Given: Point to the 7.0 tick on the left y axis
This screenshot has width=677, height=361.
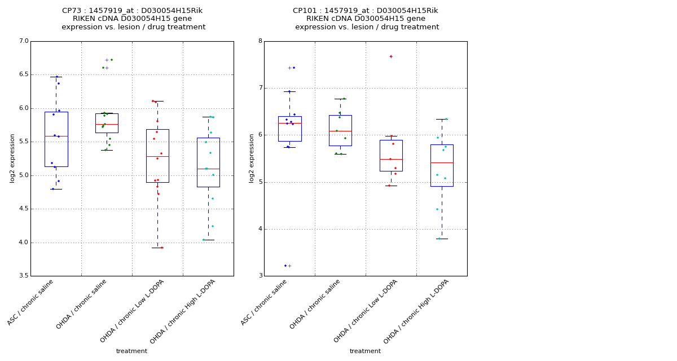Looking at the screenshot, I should (23, 41).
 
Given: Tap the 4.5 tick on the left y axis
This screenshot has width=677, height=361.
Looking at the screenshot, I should (23, 209).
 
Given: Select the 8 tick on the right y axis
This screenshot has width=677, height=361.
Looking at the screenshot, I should (260, 41).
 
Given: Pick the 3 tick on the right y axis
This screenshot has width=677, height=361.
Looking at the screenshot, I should (260, 276).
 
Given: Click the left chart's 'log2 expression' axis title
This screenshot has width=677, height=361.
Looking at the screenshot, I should (12, 158).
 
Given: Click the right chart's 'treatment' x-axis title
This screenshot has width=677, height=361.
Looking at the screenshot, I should (365, 351).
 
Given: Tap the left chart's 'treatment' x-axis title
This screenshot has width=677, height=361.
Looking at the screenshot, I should (131, 351).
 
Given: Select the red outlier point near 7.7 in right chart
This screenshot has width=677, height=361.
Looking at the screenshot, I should (390, 56).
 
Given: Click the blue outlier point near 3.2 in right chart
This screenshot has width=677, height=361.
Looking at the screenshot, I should (285, 266).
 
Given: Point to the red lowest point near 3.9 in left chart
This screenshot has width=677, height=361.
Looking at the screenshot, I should (161, 248).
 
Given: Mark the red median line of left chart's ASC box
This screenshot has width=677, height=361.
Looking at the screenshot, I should (56, 136).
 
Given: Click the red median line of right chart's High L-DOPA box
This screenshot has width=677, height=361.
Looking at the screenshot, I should (442, 162).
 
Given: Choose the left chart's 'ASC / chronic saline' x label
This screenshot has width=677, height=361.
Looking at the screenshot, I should (32, 303).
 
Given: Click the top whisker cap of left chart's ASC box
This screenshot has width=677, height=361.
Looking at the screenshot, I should (56, 77).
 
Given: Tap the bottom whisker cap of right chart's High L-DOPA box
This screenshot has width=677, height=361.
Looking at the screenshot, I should (442, 239).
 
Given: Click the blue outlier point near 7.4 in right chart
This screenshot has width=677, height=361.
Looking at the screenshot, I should (294, 68).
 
